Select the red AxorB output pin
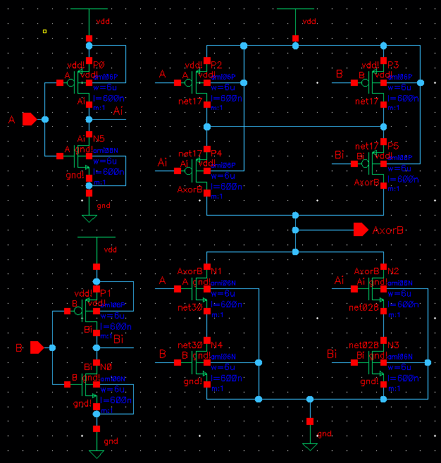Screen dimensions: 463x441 tap(361, 230)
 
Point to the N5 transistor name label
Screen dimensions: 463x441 tap(99, 140)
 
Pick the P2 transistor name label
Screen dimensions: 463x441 tap(216, 65)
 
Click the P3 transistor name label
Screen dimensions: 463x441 tap(393, 65)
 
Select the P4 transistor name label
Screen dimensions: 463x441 tap(216, 153)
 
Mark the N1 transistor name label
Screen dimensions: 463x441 tap(216, 271)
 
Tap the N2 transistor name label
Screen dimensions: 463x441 tap(393, 271)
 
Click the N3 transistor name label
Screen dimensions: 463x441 tap(393, 345)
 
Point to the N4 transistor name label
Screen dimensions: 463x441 tap(216, 345)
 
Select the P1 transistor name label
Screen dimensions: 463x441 tap(106, 292)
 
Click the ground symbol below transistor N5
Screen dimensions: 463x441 tap(89, 218)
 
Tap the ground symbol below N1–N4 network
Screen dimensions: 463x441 tap(309, 447)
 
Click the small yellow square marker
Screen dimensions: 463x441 tap(45, 31)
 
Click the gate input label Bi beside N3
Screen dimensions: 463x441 tap(333, 354)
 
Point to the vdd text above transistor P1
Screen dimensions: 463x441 tap(111, 249)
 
